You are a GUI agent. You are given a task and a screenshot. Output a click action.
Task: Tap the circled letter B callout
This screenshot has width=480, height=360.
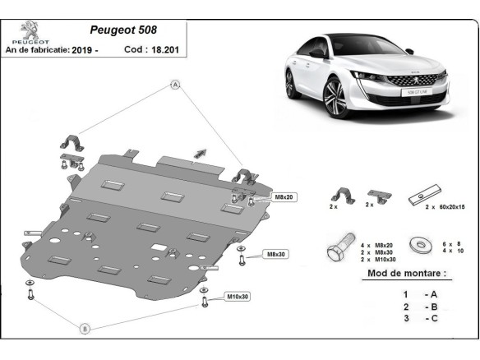point(84,329)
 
